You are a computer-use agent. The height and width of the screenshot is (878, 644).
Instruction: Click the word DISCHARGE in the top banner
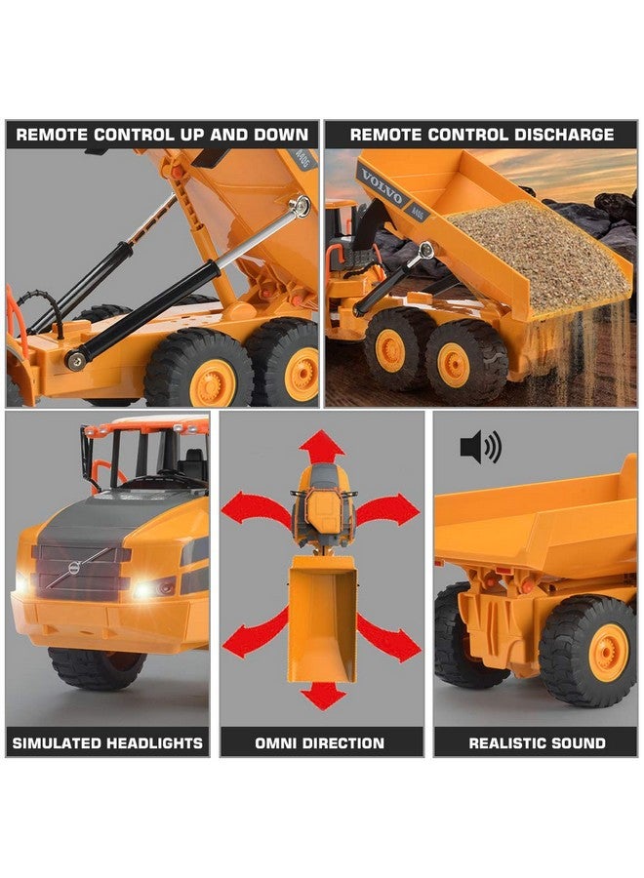555,135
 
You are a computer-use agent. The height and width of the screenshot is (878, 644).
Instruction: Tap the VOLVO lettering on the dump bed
382,185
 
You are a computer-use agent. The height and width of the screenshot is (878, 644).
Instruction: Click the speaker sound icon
479,448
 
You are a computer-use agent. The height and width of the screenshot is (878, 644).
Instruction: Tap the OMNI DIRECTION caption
321,743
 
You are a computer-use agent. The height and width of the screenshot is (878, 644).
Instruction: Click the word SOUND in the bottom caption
576,743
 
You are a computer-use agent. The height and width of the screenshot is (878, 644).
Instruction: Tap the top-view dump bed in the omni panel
321,624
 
